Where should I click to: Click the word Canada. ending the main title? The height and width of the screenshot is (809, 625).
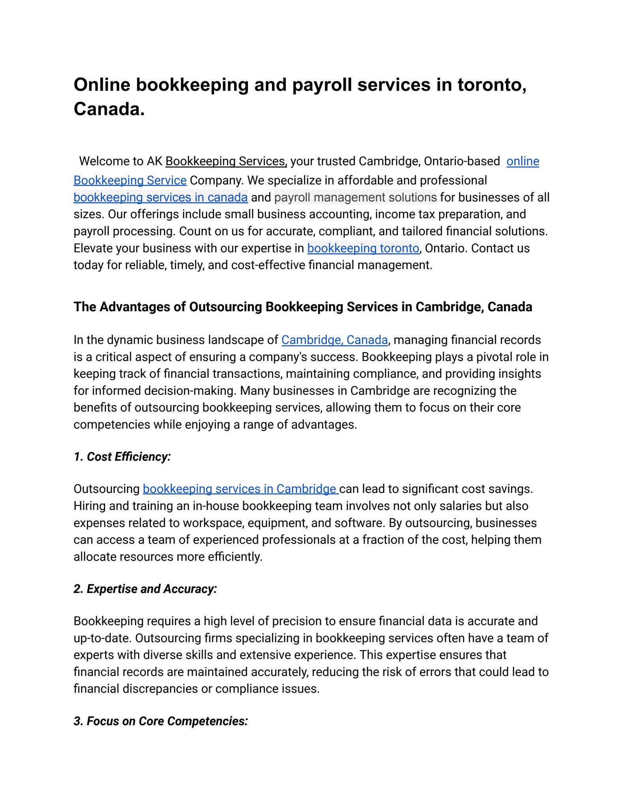pos(109,109)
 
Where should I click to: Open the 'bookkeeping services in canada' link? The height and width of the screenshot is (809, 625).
pos(160,197)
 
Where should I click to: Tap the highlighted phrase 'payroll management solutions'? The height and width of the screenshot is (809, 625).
pos(355,197)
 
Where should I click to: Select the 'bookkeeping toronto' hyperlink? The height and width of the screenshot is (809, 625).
pos(363,248)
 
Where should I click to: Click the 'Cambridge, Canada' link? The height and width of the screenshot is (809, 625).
pos(334,340)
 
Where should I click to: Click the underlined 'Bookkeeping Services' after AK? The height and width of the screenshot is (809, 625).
pos(225,161)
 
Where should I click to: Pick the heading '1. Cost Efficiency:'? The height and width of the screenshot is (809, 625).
pos(122,457)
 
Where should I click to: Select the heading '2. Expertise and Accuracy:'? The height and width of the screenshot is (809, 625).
pos(145,589)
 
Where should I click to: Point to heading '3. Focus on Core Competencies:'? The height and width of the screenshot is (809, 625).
pos(161,721)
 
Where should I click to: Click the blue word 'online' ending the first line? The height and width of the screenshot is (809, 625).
pos(522,161)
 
